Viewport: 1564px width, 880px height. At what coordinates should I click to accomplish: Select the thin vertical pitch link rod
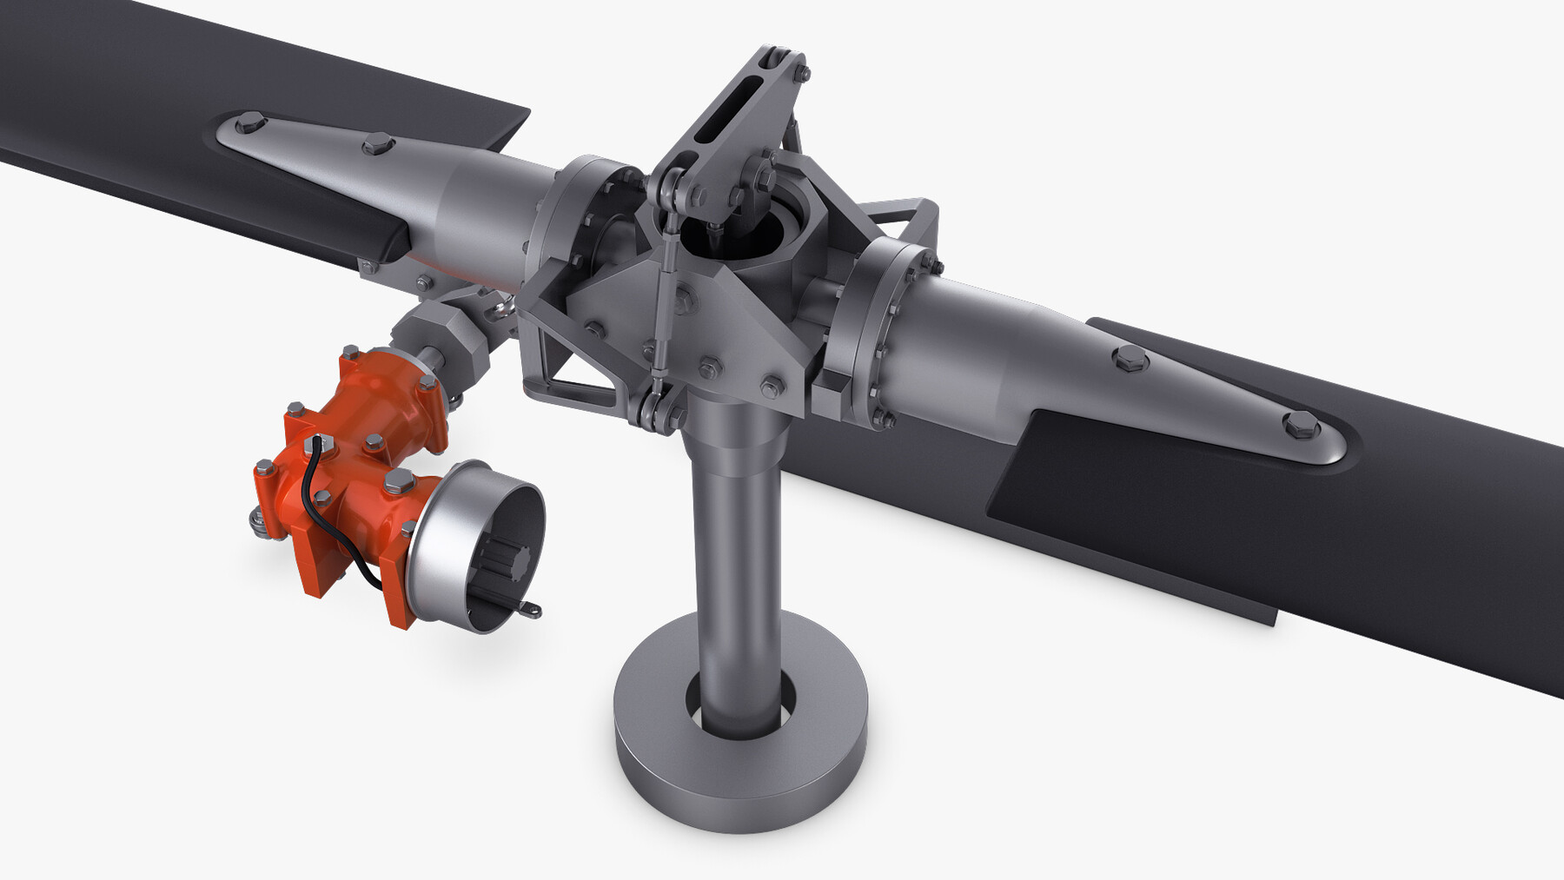(665, 304)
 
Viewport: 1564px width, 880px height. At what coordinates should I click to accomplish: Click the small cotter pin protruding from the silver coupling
(531, 612)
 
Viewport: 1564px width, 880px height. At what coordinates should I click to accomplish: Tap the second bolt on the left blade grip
(377, 143)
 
